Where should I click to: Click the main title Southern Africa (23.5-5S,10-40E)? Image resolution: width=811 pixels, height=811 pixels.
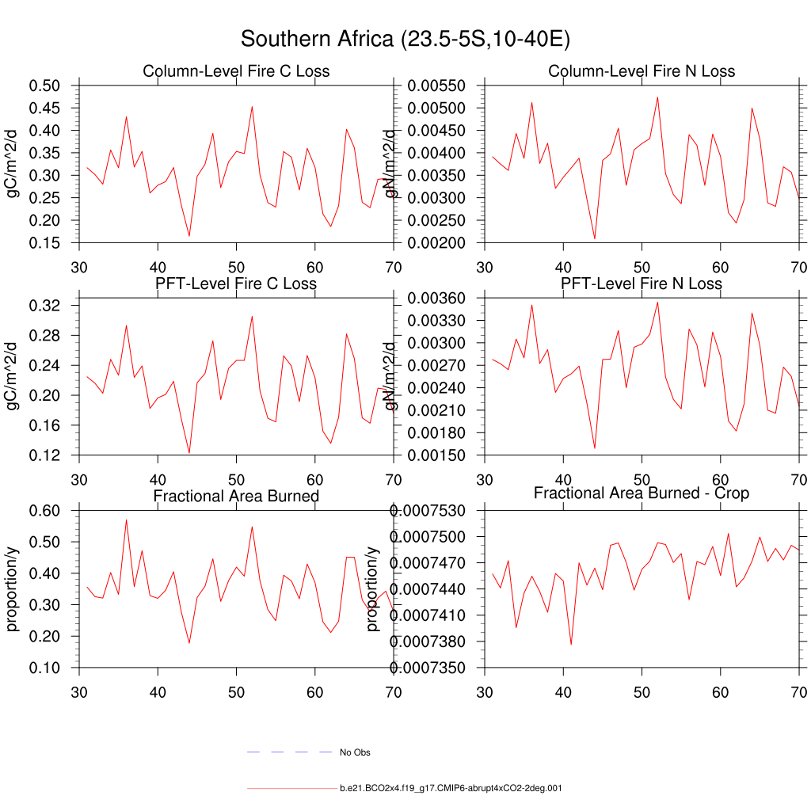tap(405, 40)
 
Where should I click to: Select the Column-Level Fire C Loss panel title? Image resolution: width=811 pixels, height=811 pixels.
tap(236, 72)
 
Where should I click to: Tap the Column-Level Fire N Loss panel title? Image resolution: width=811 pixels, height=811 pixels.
tap(642, 72)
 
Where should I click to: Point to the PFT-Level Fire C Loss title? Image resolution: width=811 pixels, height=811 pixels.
tap(236, 284)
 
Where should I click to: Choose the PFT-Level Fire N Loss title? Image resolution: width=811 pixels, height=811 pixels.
tap(642, 284)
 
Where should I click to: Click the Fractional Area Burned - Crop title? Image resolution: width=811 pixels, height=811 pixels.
tap(642, 493)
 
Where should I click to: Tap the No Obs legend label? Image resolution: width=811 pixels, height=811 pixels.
tap(355, 752)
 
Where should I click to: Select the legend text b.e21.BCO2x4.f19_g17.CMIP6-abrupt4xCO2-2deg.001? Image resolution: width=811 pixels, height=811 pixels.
tap(451, 789)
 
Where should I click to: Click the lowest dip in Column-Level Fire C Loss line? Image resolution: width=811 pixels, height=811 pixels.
tap(189, 236)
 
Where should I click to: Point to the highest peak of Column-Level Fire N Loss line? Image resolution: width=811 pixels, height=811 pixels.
tap(657, 97)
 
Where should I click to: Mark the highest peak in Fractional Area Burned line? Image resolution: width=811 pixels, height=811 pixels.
tap(126, 520)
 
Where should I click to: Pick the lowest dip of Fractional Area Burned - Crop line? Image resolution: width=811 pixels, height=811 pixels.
tap(571, 645)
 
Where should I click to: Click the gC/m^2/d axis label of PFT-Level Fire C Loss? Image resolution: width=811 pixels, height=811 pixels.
tap(13, 376)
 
